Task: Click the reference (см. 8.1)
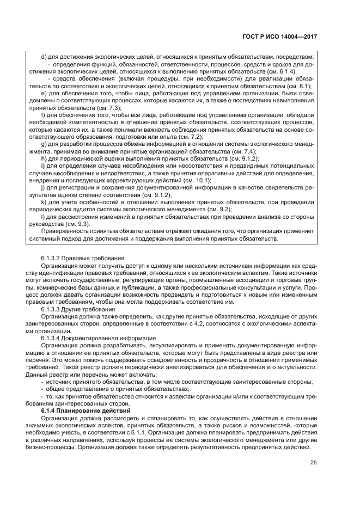298,86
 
